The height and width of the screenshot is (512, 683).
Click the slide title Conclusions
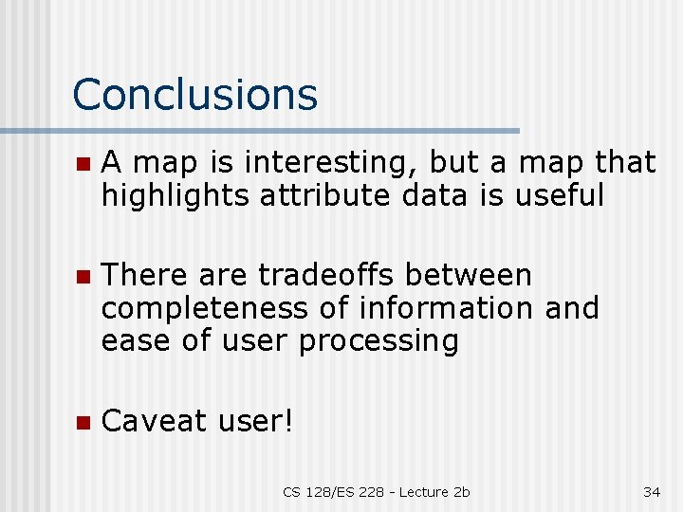coord(194,95)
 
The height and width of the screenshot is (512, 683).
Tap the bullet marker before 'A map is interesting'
coord(83,164)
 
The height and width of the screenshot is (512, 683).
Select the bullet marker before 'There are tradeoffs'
coord(83,276)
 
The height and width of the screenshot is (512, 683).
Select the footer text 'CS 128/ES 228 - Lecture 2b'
coord(377,491)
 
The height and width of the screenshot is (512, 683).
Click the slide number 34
coord(652,491)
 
